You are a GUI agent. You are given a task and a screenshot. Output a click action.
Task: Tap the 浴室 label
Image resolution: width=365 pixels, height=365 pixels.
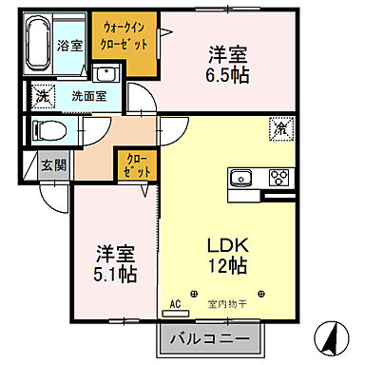click(x=70, y=45)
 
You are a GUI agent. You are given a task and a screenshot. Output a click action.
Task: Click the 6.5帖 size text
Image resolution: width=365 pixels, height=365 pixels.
click(x=228, y=76)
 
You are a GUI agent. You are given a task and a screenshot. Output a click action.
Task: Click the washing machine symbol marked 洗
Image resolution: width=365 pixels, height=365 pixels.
click(x=43, y=95)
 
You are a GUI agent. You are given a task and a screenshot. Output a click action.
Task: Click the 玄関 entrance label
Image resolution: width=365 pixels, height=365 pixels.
click(x=54, y=164)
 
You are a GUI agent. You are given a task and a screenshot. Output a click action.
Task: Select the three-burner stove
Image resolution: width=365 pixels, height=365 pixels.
click(x=279, y=176)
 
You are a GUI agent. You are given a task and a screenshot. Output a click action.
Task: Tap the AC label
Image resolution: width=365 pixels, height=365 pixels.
click(x=174, y=304)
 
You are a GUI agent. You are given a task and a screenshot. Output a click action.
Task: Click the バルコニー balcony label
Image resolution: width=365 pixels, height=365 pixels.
click(x=211, y=338)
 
